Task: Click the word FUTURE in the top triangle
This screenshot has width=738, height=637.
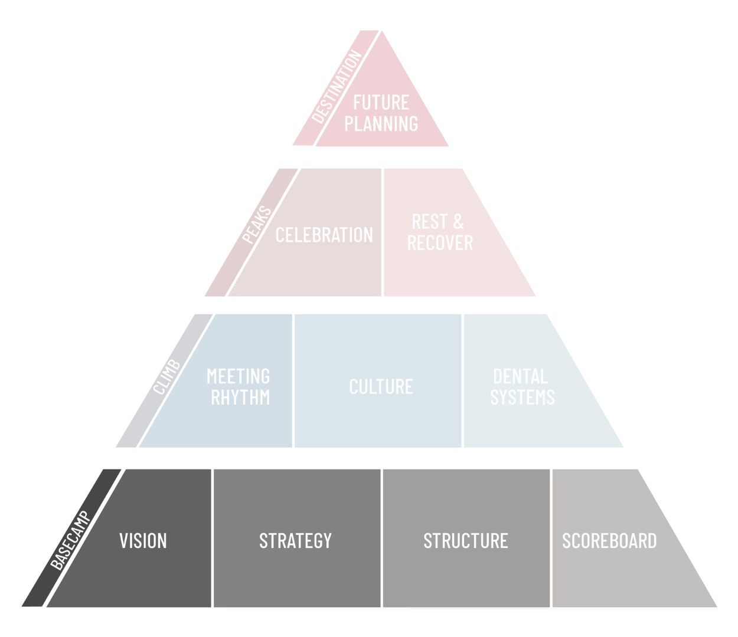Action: tap(381, 103)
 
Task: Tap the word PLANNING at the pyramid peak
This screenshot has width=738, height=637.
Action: tap(381, 123)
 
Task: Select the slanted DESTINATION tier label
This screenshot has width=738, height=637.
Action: tap(337, 87)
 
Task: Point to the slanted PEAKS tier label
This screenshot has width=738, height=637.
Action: tap(256, 225)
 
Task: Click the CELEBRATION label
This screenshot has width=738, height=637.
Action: tap(324, 235)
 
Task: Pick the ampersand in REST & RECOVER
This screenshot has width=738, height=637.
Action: tap(458, 222)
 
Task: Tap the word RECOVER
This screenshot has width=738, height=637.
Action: tap(440, 242)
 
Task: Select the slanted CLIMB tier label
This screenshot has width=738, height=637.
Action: tap(166, 377)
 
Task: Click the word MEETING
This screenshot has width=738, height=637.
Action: tap(238, 376)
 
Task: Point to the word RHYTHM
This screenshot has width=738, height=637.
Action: tap(240, 398)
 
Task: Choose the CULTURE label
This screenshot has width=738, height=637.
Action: tap(381, 386)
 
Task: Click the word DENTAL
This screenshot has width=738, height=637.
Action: tap(520, 376)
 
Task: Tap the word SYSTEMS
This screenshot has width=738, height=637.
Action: tap(523, 397)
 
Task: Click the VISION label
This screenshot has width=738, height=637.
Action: tap(143, 541)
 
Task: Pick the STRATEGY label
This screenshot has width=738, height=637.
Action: tap(295, 541)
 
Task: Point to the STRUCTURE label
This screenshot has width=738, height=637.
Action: tap(466, 541)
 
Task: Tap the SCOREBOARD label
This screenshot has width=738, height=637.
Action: tap(609, 541)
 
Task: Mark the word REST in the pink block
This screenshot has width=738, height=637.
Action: tap(430, 222)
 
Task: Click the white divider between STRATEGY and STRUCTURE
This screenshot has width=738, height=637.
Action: tap(381, 538)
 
